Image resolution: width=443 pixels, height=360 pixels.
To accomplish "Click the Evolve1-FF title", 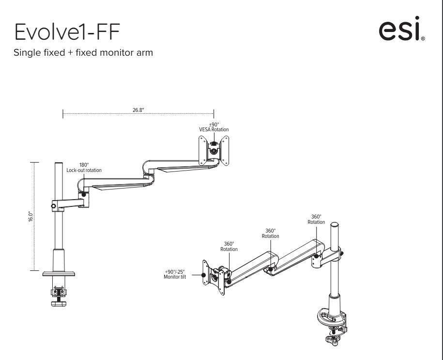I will coord(67,32).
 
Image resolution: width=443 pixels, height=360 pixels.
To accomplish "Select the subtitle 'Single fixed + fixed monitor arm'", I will coord(83,53).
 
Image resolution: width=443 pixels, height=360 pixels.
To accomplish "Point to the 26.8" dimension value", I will coord(138,110).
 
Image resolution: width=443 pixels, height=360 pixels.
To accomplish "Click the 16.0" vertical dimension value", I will coord(31,217).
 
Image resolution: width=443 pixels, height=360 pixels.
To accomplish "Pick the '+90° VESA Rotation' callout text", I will coord(214,127).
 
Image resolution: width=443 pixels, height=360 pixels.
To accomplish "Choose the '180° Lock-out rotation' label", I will coord(84,168).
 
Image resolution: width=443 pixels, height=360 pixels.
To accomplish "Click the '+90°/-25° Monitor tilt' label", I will coord(175,274).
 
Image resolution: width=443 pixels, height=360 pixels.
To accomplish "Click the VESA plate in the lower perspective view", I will coord(213,277).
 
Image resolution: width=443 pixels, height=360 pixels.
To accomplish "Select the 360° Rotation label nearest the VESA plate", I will coord(229,247).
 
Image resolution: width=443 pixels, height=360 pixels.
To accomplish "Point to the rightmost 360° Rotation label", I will coord(316,219).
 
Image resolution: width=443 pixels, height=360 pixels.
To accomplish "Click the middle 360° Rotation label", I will coord(270,234).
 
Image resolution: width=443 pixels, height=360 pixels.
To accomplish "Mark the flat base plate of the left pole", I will coord(59,274).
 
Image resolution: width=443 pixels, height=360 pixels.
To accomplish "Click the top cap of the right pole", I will coord(334,226).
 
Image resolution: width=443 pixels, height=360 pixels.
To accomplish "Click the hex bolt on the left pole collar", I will coord(53,206).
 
